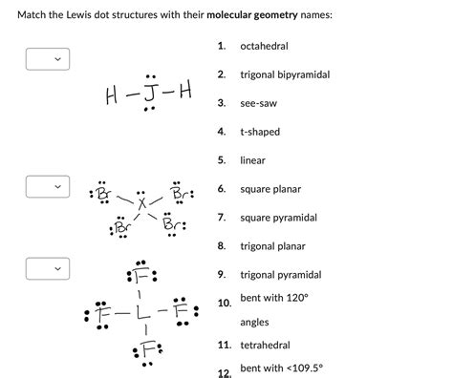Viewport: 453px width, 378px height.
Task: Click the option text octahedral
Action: pos(264,46)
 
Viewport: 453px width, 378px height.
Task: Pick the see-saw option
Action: pos(258,103)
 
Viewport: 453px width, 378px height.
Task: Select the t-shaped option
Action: pos(260,132)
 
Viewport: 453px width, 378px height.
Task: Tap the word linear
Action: pos(252,160)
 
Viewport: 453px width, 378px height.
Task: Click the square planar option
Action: pos(270,189)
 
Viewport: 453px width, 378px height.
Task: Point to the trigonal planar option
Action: pos(272,246)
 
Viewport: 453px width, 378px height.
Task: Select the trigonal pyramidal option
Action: pos(280,275)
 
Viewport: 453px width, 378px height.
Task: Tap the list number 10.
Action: pos(223,304)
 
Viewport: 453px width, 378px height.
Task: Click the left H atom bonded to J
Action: pos(115,96)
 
